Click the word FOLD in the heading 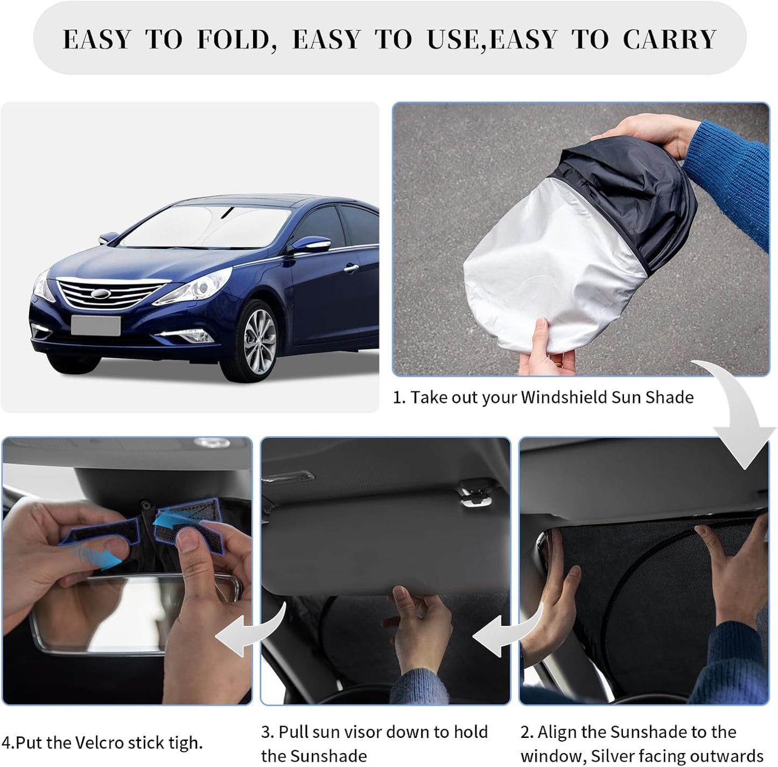point(232,39)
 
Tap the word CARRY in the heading point(670,39)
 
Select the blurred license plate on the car point(96,326)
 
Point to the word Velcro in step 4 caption point(91,743)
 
